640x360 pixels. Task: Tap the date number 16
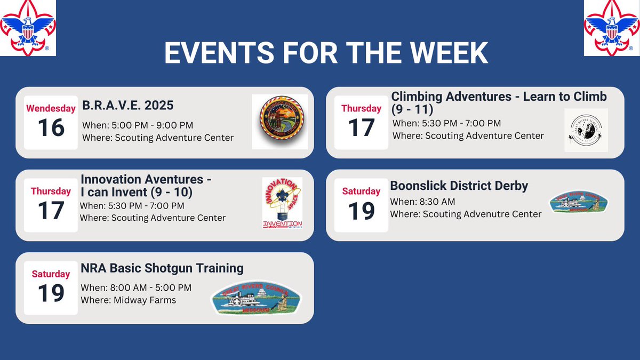click(x=51, y=128)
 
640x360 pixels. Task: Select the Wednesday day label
click(x=51, y=108)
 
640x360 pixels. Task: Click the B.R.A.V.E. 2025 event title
click(x=128, y=105)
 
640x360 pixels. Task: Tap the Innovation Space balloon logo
click(x=283, y=203)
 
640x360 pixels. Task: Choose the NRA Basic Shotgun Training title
click(x=162, y=268)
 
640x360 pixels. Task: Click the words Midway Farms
click(x=145, y=300)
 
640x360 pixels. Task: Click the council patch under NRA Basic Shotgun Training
click(x=256, y=298)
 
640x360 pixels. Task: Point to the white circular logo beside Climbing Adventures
click(x=586, y=130)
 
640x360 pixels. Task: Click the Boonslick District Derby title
click(x=459, y=186)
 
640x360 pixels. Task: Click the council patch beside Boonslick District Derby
click(x=579, y=202)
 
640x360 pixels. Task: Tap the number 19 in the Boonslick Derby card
click(x=362, y=211)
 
